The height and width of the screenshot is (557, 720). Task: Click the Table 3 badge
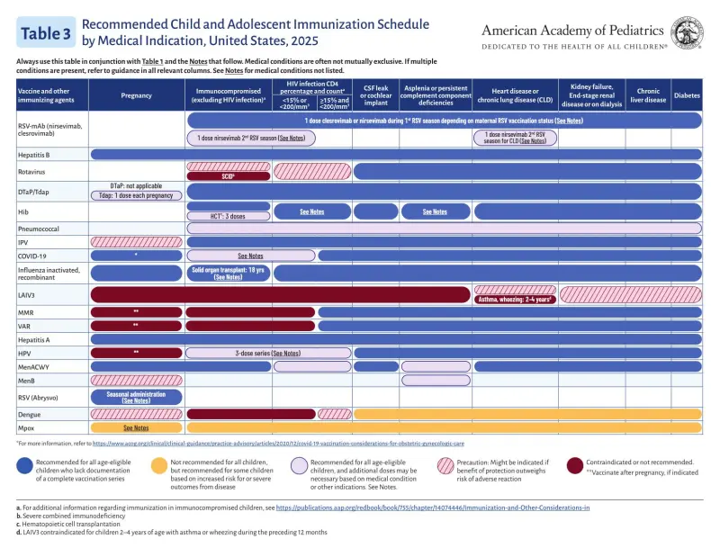pos(45,33)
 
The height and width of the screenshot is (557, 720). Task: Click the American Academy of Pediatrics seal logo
pos(687,32)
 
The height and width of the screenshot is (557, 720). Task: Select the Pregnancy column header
pos(136,94)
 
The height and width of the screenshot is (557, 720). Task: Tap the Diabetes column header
pos(687,94)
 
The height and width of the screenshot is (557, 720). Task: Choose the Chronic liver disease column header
pos(648,94)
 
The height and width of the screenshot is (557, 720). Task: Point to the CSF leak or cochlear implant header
pos(376,94)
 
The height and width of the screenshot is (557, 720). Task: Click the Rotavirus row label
pos(32,171)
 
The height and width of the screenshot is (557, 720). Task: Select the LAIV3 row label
pos(28,294)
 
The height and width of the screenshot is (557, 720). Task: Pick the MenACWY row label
pos(35,367)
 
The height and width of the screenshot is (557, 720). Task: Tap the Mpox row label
pos(28,428)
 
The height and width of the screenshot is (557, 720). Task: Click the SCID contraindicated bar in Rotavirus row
pos(229,176)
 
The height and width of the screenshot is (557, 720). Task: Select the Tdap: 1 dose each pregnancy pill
pos(136,195)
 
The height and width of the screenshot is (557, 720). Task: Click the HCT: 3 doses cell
pos(229,216)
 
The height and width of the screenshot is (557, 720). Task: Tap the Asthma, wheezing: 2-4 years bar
pos(513,300)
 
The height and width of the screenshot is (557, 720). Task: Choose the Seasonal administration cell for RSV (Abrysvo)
pos(136,397)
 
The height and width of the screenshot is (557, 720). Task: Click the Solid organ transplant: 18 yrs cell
pos(228,274)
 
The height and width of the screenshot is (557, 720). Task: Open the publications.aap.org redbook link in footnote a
pos(433,508)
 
